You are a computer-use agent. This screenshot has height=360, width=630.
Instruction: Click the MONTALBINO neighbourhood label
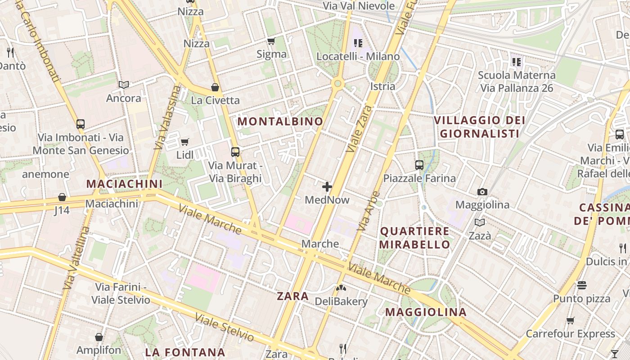pyautogui.click(x=280, y=121)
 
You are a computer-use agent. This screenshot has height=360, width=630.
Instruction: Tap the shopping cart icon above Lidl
pyautogui.click(x=184, y=142)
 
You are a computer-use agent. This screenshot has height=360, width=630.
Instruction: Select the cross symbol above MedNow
pyautogui.click(x=327, y=186)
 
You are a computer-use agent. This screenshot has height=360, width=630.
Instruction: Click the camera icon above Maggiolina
pyautogui.click(x=482, y=192)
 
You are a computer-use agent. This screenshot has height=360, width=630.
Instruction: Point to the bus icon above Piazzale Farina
pyautogui.click(x=419, y=165)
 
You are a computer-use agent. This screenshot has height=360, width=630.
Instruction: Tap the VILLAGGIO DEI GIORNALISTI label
pyautogui.click(x=480, y=127)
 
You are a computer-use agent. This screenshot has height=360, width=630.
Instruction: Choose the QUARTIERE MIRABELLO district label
pyautogui.click(x=414, y=238)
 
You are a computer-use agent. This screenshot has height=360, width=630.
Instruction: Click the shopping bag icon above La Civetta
pyautogui.click(x=215, y=87)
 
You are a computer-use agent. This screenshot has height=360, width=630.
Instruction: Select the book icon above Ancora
pyautogui.click(x=124, y=85)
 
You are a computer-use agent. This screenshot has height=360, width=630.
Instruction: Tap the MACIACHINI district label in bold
pyautogui.click(x=124, y=184)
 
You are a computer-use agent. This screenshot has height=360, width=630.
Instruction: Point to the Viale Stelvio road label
pyautogui.click(x=225, y=327)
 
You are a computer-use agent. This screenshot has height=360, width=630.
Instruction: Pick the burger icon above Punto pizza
pyautogui.click(x=582, y=285)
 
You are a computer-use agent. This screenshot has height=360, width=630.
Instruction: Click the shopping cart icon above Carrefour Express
pyautogui.click(x=571, y=321)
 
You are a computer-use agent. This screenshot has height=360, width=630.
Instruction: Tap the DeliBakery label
pyautogui.click(x=341, y=301)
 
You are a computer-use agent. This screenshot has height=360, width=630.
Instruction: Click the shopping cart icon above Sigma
pyautogui.click(x=271, y=41)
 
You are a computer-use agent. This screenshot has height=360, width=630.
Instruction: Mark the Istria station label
pyautogui.click(x=382, y=86)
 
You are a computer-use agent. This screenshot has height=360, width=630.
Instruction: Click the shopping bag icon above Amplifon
pyautogui.click(x=99, y=337)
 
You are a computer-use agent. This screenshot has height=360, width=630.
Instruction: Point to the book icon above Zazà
pyautogui.click(x=480, y=223)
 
